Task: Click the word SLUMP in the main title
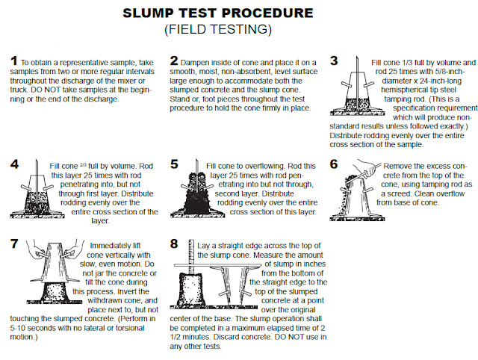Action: (148, 13)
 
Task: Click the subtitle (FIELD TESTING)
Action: (218, 29)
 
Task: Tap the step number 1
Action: (14, 60)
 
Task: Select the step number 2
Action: (174, 60)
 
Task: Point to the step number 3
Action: (334, 60)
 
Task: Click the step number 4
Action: (14, 164)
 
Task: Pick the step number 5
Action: (174, 164)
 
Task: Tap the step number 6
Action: (334, 164)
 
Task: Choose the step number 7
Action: (14, 244)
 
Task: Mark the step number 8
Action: (174, 244)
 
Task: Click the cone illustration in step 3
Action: (356, 91)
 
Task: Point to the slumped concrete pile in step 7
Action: (55, 292)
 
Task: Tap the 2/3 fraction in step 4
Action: (83, 165)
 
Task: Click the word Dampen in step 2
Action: (195, 63)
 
